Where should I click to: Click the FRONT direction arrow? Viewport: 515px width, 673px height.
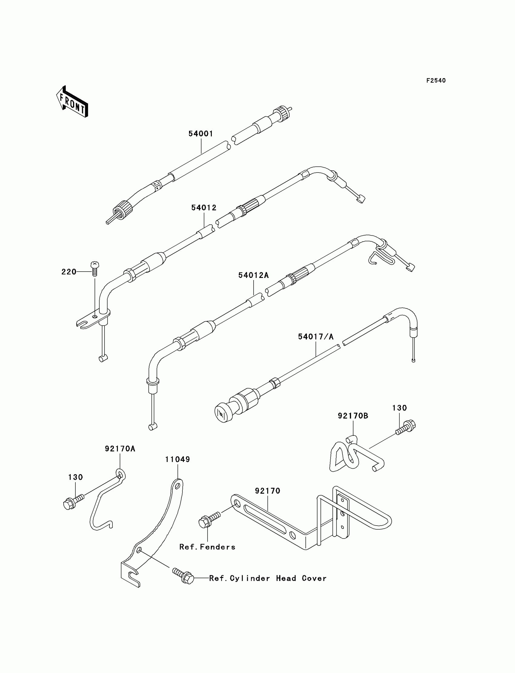(x=72, y=102)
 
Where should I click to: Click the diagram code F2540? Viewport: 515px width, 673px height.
(x=436, y=81)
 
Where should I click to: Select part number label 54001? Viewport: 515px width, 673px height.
(x=201, y=134)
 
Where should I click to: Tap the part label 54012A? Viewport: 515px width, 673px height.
(x=253, y=275)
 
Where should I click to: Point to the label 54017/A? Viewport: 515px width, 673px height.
(x=315, y=337)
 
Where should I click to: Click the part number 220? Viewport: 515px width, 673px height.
(x=69, y=272)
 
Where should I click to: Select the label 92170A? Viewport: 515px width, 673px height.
(x=120, y=449)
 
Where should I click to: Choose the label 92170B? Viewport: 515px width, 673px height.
(x=353, y=416)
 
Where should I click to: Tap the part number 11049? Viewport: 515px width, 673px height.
(x=178, y=459)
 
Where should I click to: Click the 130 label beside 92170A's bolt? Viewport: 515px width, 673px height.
(x=75, y=477)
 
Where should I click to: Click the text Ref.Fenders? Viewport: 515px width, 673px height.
(x=207, y=547)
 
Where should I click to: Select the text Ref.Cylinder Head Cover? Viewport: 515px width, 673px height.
(x=267, y=578)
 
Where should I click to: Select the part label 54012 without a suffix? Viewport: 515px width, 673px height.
(x=204, y=208)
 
